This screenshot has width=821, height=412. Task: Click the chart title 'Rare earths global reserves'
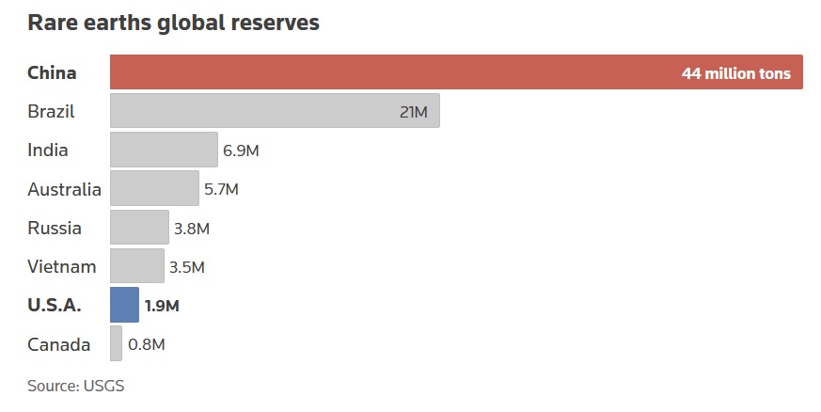tap(173, 23)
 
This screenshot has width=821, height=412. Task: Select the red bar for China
tap(395, 72)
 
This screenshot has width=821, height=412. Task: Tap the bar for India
tap(164, 150)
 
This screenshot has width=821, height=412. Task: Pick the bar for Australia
tap(154, 188)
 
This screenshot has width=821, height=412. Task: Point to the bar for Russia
tap(139, 228)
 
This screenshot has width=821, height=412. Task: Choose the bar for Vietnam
tap(137, 266)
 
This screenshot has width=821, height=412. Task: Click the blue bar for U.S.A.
tap(124, 305)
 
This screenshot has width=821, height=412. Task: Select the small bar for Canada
tap(116, 343)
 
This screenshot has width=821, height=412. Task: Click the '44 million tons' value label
tap(736, 73)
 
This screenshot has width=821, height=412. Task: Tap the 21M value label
tap(414, 112)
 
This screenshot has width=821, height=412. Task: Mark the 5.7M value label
tap(221, 189)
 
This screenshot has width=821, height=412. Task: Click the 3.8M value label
tap(191, 229)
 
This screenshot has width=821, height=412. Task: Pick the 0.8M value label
tap(146, 344)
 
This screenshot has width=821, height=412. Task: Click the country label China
tap(52, 73)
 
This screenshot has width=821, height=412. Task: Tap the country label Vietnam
tap(62, 267)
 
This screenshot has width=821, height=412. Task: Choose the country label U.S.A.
tap(55, 306)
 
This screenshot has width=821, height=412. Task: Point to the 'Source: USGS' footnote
tap(76, 386)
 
